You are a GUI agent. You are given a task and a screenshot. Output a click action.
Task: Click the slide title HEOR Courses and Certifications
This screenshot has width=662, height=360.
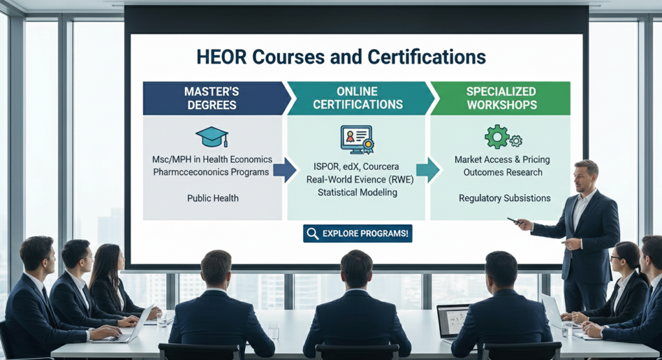tap(341, 57)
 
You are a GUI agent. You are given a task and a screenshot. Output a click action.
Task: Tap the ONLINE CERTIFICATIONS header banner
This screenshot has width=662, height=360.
tap(357, 98)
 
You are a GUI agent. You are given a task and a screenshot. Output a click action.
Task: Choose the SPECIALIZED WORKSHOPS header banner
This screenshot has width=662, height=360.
tap(500, 98)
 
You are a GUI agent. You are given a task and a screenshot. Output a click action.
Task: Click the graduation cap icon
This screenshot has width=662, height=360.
tap(211, 136)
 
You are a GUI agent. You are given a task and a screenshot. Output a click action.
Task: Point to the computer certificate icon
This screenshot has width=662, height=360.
tap(357, 139)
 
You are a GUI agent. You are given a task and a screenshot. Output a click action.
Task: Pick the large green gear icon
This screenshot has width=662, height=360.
tap(497, 137)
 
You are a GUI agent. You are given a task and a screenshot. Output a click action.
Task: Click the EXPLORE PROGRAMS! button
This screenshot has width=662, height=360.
tap(358, 233)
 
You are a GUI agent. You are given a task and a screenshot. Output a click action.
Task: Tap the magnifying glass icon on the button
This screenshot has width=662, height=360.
tap(313, 234)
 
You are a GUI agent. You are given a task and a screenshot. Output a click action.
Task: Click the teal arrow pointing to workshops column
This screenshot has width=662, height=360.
tap(427, 169)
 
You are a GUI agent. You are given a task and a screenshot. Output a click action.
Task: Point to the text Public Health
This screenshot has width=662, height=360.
tap(213, 198)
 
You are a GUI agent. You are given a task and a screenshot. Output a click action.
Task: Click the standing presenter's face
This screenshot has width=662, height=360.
tap(585, 176)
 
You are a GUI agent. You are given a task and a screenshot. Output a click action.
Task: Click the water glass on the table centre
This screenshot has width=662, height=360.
tap(273, 330)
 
